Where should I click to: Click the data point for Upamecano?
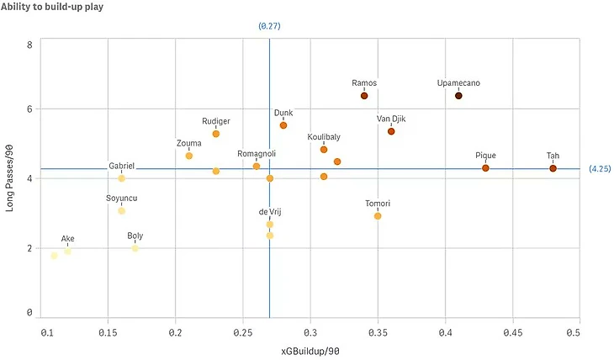coord(458,96)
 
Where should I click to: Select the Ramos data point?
coord(364,96)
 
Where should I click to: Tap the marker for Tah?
coord(553,168)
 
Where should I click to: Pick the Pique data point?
coord(485,168)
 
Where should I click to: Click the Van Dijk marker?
coord(391,131)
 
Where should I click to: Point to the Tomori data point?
coord(378,216)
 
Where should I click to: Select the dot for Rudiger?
coord(216,134)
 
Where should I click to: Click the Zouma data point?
coord(189,156)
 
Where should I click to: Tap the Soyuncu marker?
coord(122,210)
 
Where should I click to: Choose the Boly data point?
coord(135,248)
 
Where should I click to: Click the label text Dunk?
coord(283,113)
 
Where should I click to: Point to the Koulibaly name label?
coord(324,136)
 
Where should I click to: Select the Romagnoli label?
coord(257,154)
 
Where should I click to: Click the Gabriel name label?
coord(121,167)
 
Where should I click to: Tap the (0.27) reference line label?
coord(269,26)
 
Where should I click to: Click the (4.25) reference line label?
coord(600,168)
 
